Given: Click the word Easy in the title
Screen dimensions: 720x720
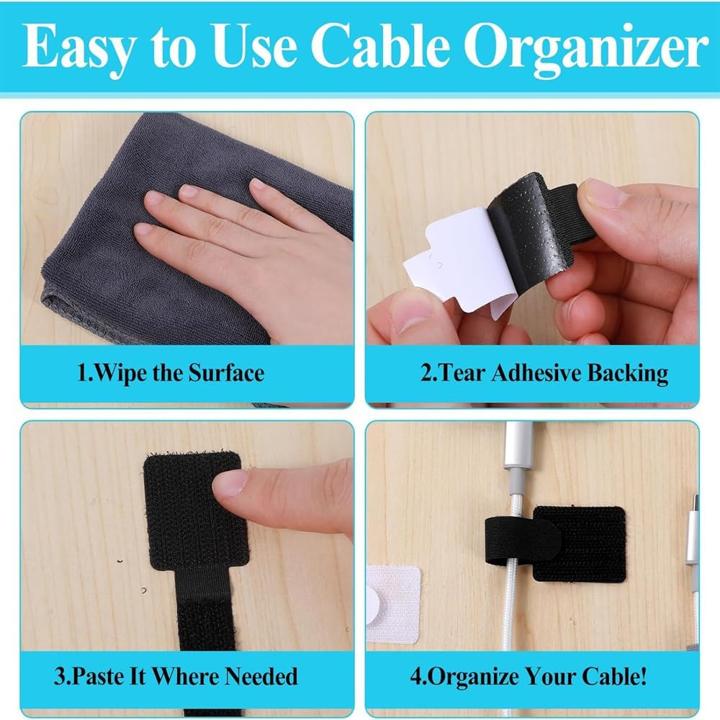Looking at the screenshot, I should (x=81, y=48).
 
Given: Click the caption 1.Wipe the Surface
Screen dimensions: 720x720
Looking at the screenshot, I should (x=171, y=373).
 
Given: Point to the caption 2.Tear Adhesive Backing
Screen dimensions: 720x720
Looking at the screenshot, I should (x=544, y=373).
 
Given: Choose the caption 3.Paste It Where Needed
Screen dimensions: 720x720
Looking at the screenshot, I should (x=176, y=677).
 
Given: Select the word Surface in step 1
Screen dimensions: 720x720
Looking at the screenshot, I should (x=226, y=373).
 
